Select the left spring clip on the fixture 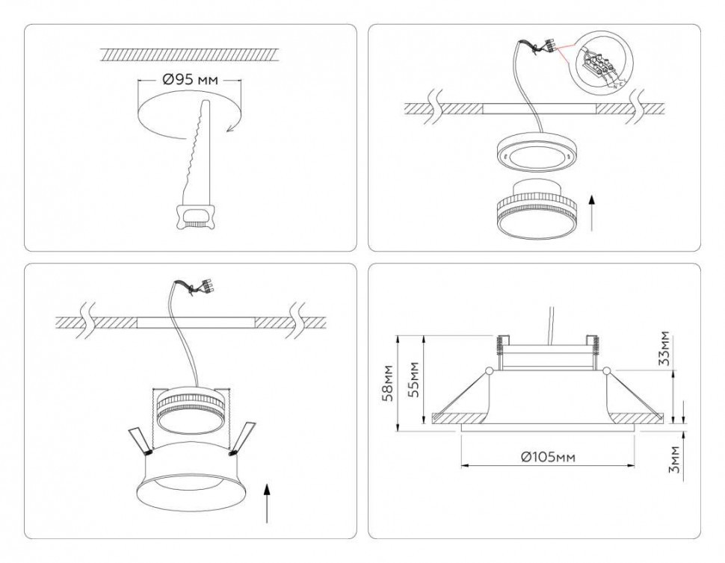(138, 441)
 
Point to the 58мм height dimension (385, 382)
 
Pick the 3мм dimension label (675, 459)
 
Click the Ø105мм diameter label (548, 456)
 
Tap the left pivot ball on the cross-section (489, 370)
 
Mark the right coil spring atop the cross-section (596, 344)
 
